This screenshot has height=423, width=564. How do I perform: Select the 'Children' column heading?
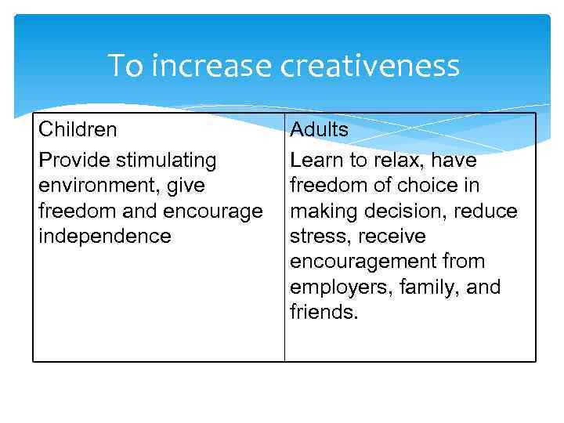click(78, 129)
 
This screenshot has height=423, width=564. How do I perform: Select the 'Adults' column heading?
click(320, 129)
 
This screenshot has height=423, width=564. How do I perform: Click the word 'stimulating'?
click(166, 161)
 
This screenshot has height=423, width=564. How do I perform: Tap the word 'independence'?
click(104, 236)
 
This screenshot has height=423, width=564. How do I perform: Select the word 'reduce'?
click(486, 211)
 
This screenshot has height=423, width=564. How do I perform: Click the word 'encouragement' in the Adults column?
click(367, 261)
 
